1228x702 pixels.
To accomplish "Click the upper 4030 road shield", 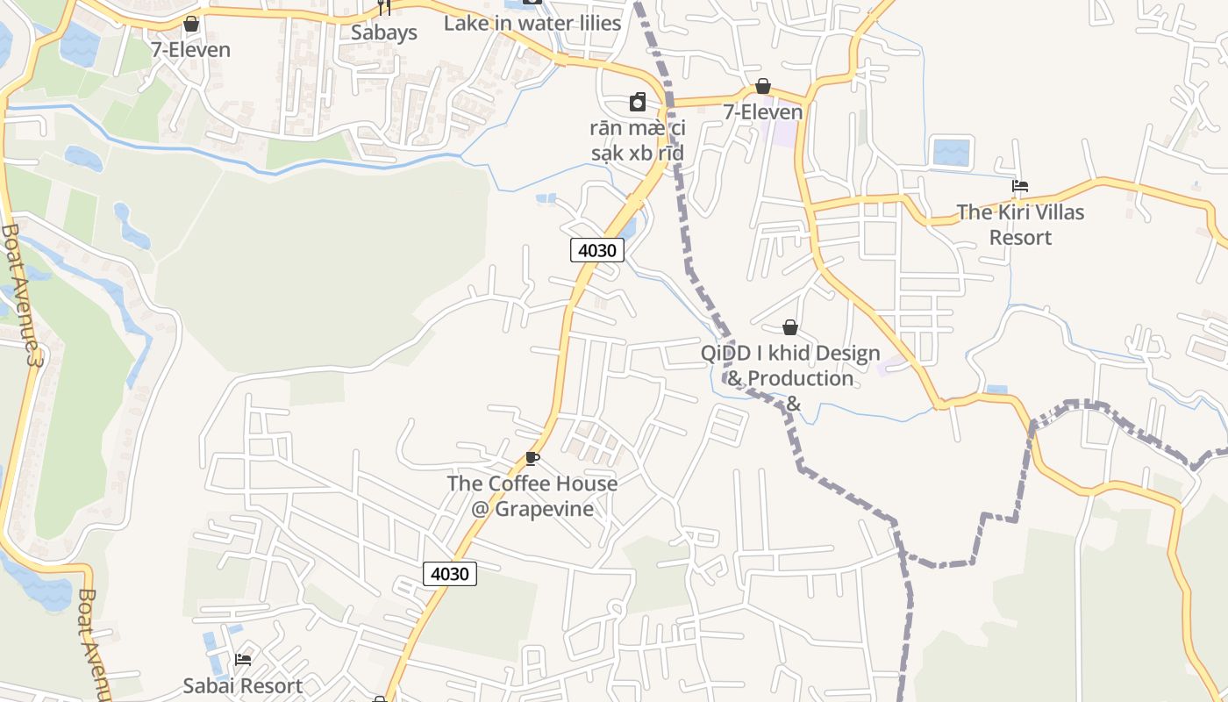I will coord(597,250).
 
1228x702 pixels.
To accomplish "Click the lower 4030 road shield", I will coord(450,574).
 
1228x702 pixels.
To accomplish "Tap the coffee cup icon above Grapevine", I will coord(532,458).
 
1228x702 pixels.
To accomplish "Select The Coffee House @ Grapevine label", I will coord(532,496).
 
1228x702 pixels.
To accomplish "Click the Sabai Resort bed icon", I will coord(243,659).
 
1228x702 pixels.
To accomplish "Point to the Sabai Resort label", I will coord(243,685).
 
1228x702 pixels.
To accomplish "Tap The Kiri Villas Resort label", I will coord(1020,225).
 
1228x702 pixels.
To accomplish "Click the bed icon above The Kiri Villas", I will coord(1019,186).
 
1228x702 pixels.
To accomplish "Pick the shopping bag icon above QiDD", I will coord(790,327).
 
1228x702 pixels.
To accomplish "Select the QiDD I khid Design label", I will coord(790,354).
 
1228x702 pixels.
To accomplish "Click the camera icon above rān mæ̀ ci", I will coord(638,103).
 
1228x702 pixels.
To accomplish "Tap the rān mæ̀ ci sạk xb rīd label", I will coord(638,140).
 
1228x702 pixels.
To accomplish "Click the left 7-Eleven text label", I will coord(190,50).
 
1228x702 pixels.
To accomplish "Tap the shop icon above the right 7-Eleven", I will coord(763,86).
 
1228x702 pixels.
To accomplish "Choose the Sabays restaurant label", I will coord(384,33).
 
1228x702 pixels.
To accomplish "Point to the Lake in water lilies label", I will coord(532,24).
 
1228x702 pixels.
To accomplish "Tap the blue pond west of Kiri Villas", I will coord(951,152).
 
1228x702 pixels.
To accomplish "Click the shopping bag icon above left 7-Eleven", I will coord(190,24).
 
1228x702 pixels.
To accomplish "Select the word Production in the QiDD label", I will coord(802,378).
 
